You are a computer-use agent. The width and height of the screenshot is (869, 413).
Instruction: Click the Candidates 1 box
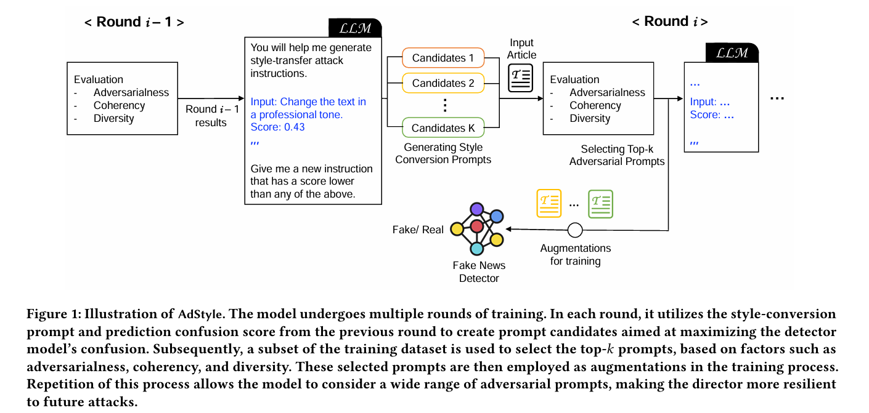(443, 58)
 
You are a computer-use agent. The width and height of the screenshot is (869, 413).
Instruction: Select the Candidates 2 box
(443, 83)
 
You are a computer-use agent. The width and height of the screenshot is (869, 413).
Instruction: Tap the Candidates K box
(443, 128)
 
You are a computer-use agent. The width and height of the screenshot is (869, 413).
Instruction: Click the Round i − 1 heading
(134, 22)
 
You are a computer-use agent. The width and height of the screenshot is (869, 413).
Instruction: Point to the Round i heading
(669, 22)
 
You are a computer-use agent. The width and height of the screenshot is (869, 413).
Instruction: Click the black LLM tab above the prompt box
(355, 28)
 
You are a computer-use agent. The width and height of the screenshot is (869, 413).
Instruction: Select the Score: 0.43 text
(277, 127)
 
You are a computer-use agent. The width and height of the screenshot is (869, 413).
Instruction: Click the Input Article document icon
(521, 79)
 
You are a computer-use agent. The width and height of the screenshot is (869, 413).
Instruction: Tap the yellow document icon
(549, 203)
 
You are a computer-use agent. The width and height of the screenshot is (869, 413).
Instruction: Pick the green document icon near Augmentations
(600, 203)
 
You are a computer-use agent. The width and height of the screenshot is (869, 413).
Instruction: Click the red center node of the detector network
(476, 227)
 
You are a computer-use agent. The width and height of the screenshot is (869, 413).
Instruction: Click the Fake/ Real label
(418, 230)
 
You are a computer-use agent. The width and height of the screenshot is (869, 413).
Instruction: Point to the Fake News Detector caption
(479, 272)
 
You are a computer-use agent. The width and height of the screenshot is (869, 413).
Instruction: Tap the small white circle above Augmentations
(575, 230)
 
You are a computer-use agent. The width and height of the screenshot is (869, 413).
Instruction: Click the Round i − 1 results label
(211, 116)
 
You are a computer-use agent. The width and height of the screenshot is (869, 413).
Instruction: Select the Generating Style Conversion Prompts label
(443, 154)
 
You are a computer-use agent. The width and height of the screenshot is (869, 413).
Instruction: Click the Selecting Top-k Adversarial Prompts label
(617, 156)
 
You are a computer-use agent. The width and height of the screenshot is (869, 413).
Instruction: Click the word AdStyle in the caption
(198, 315)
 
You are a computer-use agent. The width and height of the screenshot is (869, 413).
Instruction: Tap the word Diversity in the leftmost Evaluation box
(113, 119)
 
